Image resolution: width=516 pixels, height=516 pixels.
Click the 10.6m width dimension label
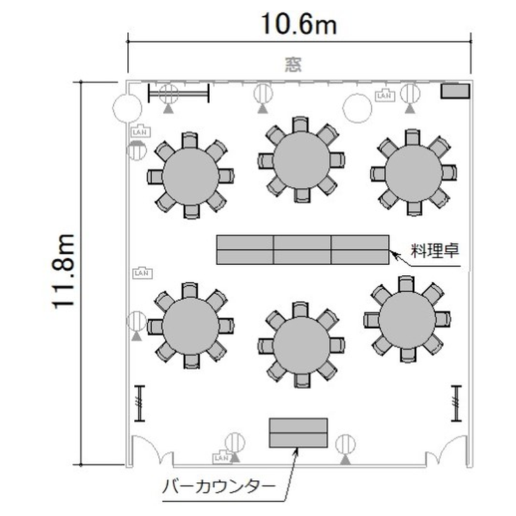pyautogui.click(x=299, y=24)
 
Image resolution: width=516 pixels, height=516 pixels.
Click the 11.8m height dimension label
pyautogui.click(x=63, y=272)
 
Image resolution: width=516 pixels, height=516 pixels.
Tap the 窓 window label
pyautogui.click(x=293, y=65)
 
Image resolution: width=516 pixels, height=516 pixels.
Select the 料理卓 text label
pyautogui.click(x=435, y=250)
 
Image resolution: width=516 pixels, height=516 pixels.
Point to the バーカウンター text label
pyautogui.click(x=219, y=486)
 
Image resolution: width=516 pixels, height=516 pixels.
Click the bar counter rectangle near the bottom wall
pyautogui.click(x=299, y=433)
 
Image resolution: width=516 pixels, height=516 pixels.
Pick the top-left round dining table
pyautogui.click(x=191, y=176)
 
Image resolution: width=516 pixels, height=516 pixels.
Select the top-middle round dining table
pyautogui.click(x=301, y=160)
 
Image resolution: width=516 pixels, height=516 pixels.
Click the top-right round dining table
pyautogui.click(x=413, y=173)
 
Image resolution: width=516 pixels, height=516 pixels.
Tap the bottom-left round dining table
pyautogui.click(x=191, y=326)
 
